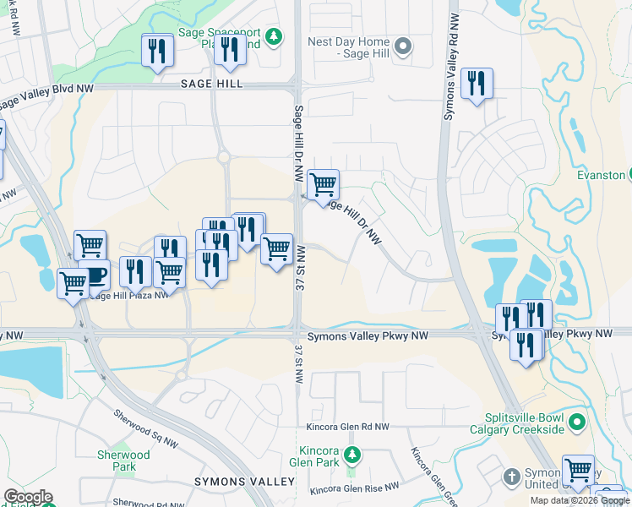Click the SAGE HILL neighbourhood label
tap(211, 84)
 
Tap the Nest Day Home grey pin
tap(404, 47)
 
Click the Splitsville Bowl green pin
tap(577, 421)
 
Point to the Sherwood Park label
tap(123, 461)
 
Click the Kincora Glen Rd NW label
tap(349, 428)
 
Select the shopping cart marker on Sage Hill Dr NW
tap(323, 184)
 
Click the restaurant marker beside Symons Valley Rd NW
tap(477, 84)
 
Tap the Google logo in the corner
tap(28, 497)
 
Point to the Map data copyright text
tap(580, 500)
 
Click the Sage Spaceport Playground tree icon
tap(273, 35)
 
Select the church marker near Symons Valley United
tap(510, 477)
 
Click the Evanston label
tap(601, 175)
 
